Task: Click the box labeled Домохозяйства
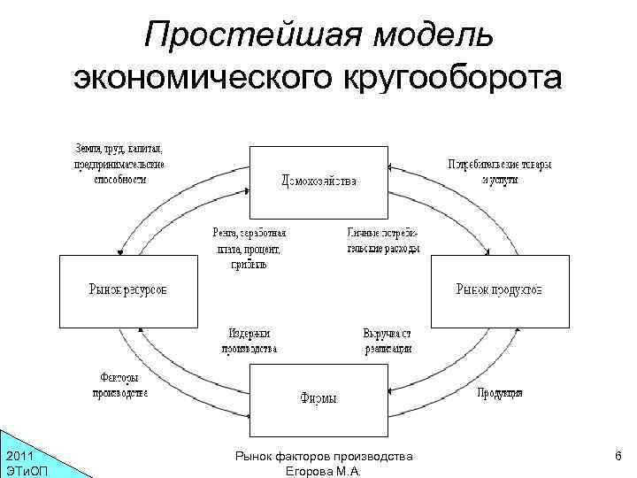pos(318,181)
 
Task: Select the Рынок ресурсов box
pos(127,290)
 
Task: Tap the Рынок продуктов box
pos(499,290)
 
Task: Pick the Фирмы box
pos(318,398)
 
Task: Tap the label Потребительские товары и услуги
pos(500,171)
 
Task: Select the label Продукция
pos(500,392)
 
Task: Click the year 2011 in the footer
pos(20,456)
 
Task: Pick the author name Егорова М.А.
pos(323,471)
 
